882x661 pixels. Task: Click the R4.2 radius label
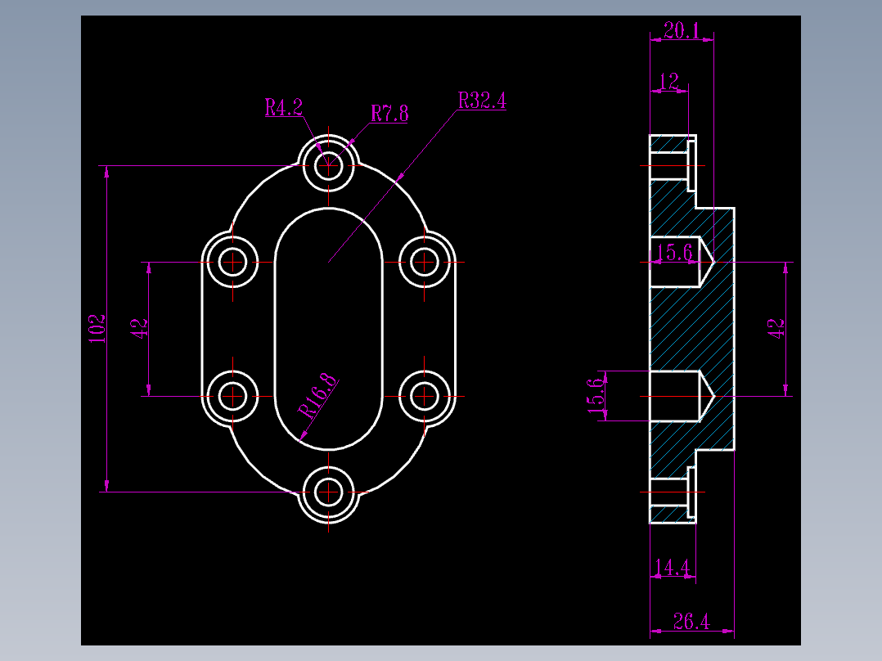(283, 107)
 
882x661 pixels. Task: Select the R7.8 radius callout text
(389, 113)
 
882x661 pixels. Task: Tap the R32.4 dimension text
(482, 101)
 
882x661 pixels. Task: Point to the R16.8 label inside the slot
(318, 396)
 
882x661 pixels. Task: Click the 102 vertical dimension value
(97, 329)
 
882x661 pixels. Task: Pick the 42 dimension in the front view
(139, 329)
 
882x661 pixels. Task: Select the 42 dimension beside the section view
(776, 329)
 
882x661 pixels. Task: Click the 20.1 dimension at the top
(681, 31)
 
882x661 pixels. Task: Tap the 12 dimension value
(668, 82)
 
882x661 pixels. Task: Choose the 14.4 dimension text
(672, 567)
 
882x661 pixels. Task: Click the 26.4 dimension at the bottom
(691, 623)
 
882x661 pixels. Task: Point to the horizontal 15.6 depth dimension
(677, 253)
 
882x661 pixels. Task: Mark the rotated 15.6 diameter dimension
(596, 393)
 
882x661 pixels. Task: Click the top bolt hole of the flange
(329, 164)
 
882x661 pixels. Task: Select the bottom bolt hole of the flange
(329, 492)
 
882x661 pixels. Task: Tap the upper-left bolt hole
(233, 262)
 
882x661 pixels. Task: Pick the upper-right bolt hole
(425, 262)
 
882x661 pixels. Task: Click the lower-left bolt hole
(233, 397)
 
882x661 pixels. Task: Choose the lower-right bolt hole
(425, 397)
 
